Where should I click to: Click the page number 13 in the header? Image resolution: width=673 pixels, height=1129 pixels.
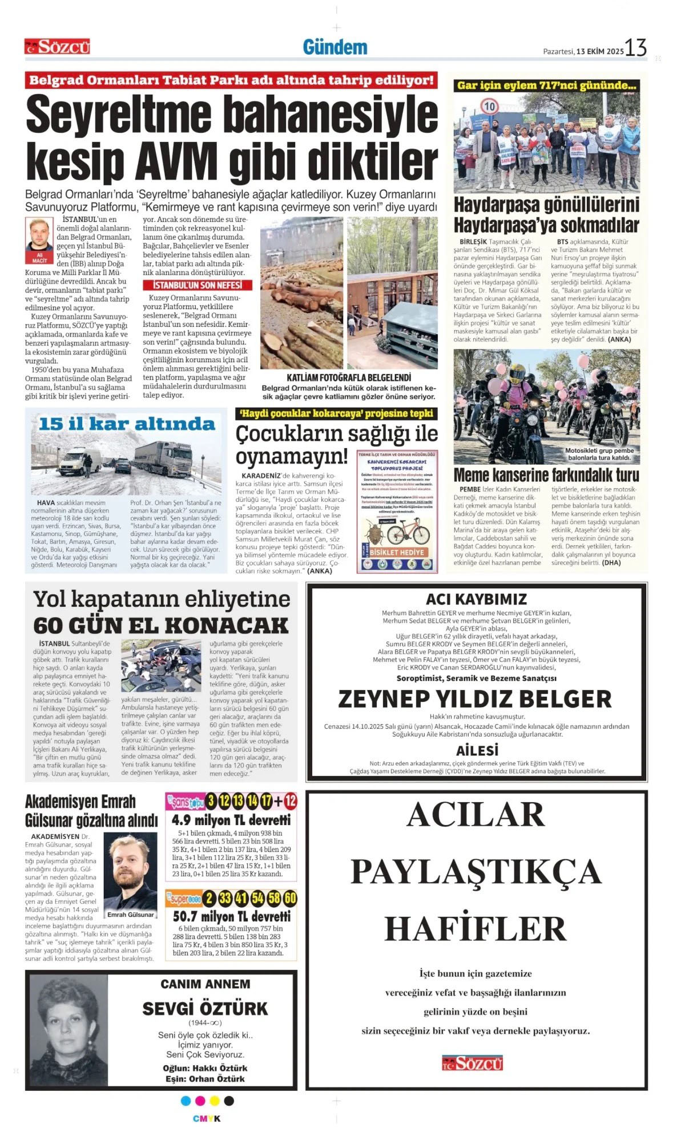(635, 48)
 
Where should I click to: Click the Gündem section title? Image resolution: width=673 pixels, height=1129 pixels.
(335, 47)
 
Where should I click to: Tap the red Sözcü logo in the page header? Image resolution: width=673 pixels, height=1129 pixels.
(57, 47)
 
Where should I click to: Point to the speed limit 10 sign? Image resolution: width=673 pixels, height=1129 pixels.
(489, 106)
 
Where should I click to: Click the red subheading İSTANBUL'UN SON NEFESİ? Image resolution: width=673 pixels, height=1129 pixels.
(197, 285)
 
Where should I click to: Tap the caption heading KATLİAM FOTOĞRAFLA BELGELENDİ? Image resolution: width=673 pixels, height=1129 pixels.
(349, 377)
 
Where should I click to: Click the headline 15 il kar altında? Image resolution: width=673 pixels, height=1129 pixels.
(127, 424)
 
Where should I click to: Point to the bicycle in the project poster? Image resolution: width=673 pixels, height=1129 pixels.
(408, 534)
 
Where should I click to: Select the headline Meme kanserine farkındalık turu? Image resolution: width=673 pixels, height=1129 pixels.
(546, 474)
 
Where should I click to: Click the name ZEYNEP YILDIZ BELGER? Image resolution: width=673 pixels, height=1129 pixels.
(475, 698)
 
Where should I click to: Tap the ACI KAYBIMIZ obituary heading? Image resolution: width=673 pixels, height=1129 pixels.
(476, 599)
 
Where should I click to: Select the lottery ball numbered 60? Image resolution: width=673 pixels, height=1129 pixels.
(290, 899)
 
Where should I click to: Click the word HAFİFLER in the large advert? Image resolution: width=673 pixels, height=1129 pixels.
(475, 928)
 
